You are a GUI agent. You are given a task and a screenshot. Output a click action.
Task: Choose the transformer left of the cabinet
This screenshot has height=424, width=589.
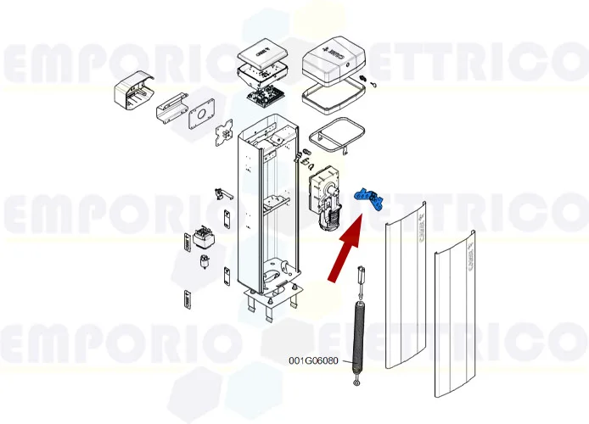click(205, 237)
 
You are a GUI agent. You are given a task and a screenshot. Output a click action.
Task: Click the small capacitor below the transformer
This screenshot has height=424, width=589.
click(204, 260)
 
